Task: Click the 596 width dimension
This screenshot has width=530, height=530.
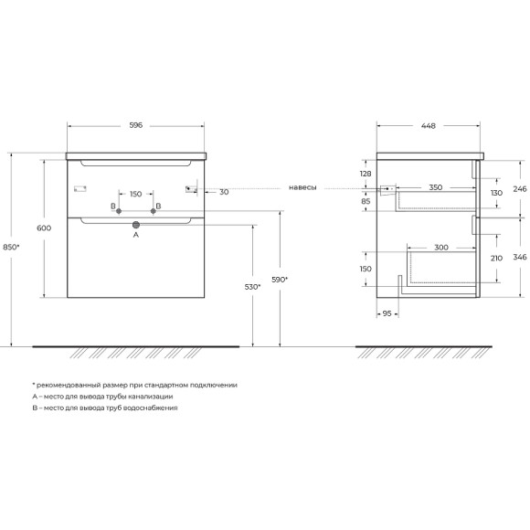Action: tap(136, 125)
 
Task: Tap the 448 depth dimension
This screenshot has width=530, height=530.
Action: tap(429, 126)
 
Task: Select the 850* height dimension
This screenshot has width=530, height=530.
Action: tap(11, 247)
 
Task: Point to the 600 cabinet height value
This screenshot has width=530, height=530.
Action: tap(44, 228)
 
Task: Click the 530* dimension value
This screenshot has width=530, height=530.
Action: tap(253, 287)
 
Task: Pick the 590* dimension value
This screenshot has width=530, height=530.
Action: tap(280, 280)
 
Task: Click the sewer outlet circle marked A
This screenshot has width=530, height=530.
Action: tap(136, 225)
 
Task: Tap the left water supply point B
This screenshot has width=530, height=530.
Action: tap(119, 211)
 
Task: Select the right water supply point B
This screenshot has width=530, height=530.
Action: tap(154, 211)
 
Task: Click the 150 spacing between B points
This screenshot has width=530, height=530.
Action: tap(136, 194)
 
